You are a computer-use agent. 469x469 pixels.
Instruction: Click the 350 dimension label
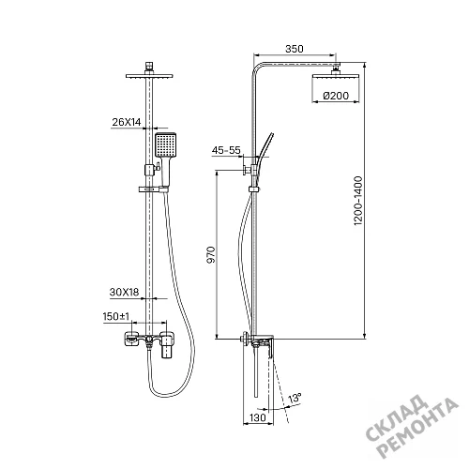(295, 49)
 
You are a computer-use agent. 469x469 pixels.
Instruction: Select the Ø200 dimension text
(336, 96)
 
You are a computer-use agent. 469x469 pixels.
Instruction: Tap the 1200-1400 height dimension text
(357, 201)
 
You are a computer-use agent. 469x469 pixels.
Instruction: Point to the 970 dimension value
(212, 254)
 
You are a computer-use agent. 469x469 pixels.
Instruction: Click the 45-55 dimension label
(226, 150)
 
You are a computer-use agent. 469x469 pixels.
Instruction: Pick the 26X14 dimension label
(127, 122)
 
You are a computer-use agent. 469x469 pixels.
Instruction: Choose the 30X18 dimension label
(124, 292)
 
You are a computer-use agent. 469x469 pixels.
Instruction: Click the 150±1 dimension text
(116, 316)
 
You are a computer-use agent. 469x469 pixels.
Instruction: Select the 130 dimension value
(258, 417)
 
